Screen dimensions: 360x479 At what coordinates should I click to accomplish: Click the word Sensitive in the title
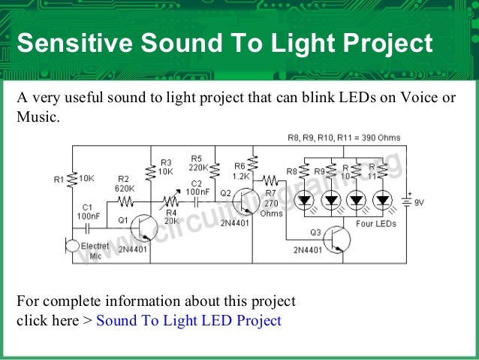(67, 44)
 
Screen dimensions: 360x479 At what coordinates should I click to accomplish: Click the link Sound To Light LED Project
(188, 320)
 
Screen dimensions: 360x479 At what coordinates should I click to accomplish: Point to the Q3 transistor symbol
(337, 240)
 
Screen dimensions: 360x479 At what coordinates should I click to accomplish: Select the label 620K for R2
(125, 188)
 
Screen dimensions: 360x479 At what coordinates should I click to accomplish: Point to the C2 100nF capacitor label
(197, 188)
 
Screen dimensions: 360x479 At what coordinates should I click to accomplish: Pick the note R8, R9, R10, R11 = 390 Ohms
(344, 138)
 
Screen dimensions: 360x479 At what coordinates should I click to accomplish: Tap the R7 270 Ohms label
(272, 204)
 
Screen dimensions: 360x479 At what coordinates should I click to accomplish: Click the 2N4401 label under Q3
(307, 250)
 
